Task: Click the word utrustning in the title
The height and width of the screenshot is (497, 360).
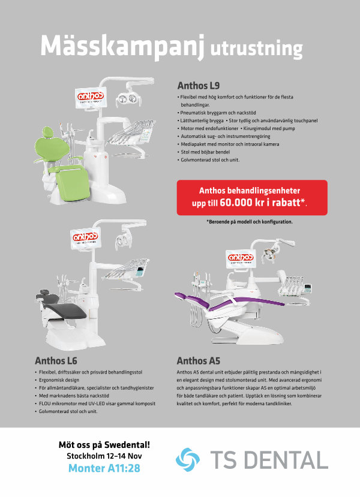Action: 256,49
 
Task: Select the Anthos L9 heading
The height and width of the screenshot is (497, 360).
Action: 199,86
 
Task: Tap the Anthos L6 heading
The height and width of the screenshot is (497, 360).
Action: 56,361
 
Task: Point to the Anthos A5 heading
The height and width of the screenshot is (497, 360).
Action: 198,361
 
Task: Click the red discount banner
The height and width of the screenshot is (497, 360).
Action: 252,197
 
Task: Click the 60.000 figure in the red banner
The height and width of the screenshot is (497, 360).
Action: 236,202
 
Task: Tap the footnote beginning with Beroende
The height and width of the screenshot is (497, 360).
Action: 250,222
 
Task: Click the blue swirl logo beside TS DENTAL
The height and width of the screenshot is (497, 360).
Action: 188,460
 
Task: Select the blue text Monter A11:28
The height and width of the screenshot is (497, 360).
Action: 104,468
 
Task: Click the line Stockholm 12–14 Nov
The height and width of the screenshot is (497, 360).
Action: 104,456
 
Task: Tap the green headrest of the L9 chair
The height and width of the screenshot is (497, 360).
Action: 47,132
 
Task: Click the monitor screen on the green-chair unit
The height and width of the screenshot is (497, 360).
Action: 91,97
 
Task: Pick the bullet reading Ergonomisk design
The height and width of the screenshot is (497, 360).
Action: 57,379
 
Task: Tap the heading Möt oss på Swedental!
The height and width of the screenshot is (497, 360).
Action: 104,445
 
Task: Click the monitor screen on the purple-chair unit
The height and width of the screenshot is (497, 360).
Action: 241,258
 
